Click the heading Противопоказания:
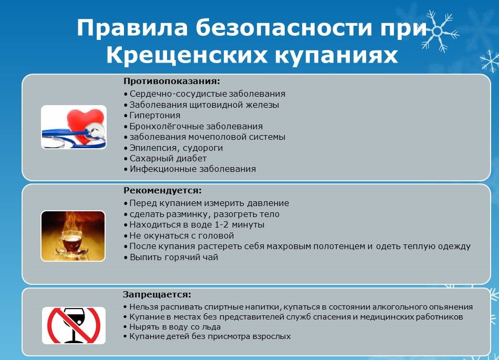pos(172,81)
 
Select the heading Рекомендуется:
pos(163,191)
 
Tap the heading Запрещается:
pos(157,294)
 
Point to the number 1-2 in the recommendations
pos(222,224)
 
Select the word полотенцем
pos(339,246)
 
